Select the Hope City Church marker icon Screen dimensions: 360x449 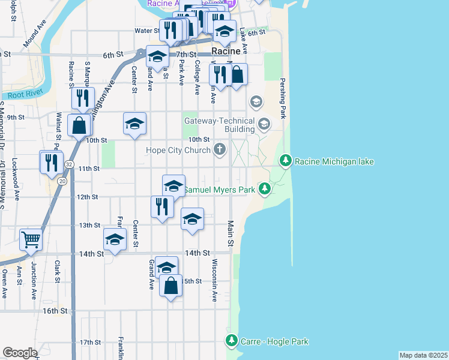coord(220,150)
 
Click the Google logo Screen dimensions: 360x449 coord(20,353)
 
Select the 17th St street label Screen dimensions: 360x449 coord(91,342)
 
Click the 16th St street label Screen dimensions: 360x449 coord(55,311)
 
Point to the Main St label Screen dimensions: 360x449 coord(230,234)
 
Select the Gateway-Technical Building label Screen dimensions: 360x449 coord(219,125)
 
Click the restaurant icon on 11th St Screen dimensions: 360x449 coord(52,161)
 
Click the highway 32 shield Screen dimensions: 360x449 coord(70,164)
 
